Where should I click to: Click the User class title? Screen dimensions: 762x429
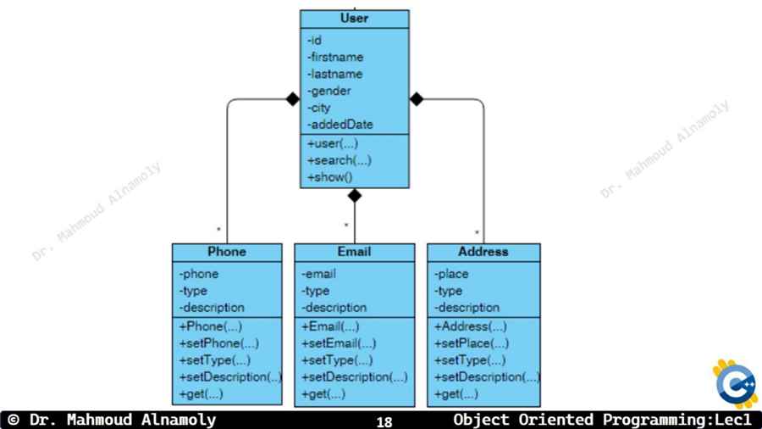tap(354, 19)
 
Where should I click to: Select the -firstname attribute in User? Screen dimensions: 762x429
tap(335, 57)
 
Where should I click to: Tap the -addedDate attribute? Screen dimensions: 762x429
tap(340, 125)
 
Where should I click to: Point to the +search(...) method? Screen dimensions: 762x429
tap(340, 160)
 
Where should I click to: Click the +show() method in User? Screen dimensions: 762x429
tap(330, 177)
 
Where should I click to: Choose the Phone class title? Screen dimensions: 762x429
tap(227, 252)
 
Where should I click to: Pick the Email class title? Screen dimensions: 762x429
tap(354, 252)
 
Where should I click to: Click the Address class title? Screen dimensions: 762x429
tap(483, 252)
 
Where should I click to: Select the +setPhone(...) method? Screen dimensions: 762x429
tap(218, 343)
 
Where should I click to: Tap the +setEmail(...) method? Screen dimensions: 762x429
tap(339, 343)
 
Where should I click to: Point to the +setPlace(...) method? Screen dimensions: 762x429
tap(472, 343)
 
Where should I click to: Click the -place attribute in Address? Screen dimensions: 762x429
tap(451, 274)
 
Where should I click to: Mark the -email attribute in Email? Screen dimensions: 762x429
tap(319, 274)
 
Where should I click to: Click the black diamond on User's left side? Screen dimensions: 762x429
tap(293, 99)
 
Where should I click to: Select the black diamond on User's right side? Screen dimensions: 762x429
tap(417, 99)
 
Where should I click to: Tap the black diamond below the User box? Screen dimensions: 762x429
tap(355, 196)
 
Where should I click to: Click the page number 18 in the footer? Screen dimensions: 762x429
tap(384, 421)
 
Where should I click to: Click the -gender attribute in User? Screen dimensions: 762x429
tap(329, 91)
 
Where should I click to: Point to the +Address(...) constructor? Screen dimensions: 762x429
tap(471, 326)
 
